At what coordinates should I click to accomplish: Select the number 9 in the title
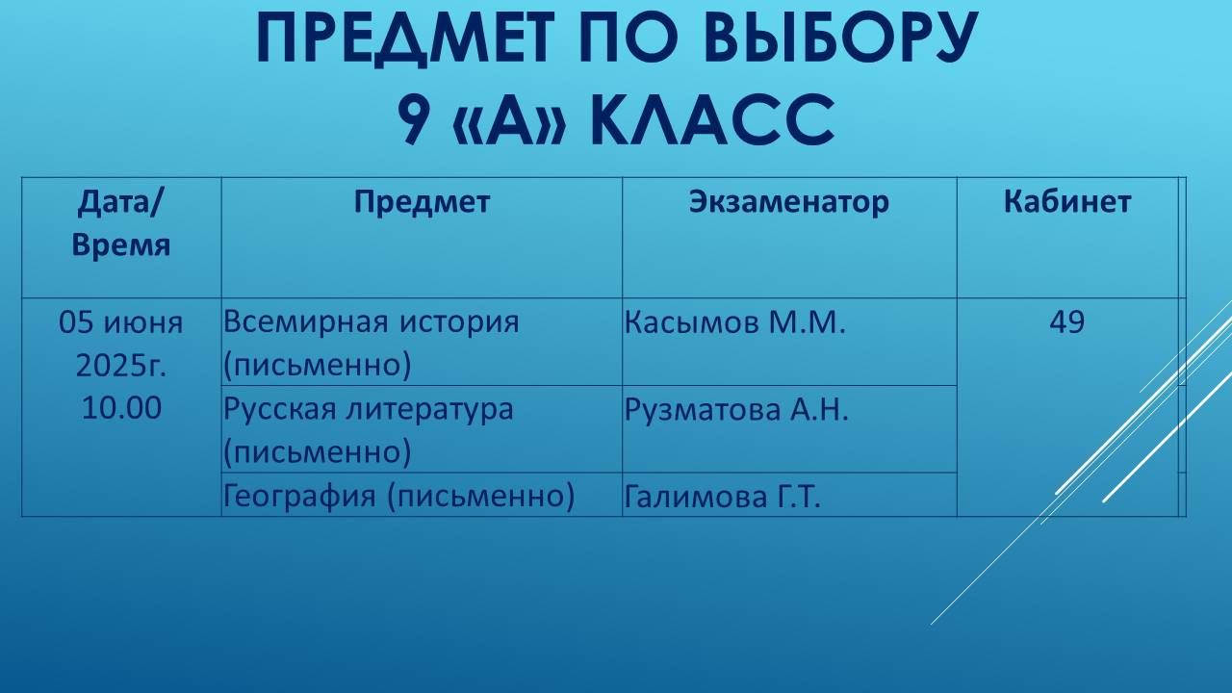pyautogui.click(x=413, y=121)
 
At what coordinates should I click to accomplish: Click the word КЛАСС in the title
pyautogui.click(x=711, y=121)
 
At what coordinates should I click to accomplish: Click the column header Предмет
pyautogui.click(x=422, y=202)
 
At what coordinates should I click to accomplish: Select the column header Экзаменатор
pyautogui.click(x=788, y=202)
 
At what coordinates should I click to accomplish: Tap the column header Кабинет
pyautogui.click(x=1066, y=202)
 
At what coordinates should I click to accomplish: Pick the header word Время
pyautogui.click(x=121, y=244)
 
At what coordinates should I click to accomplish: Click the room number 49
pyautogui.click(x=1066, y=322)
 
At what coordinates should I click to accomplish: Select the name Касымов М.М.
pyautogui.click(x=734, y=322)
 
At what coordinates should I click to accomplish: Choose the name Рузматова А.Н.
pyautogui.click(x=736, y=410)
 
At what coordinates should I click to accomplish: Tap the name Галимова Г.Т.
pyautogui.click(x=722, y=498)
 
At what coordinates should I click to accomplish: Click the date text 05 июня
pyautogui.click(x=121, y=321)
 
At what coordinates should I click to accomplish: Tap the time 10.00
pyautogui.click(x=121, y=408)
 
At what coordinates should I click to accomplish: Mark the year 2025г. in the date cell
pyautogui.click(x=121, y=365)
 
